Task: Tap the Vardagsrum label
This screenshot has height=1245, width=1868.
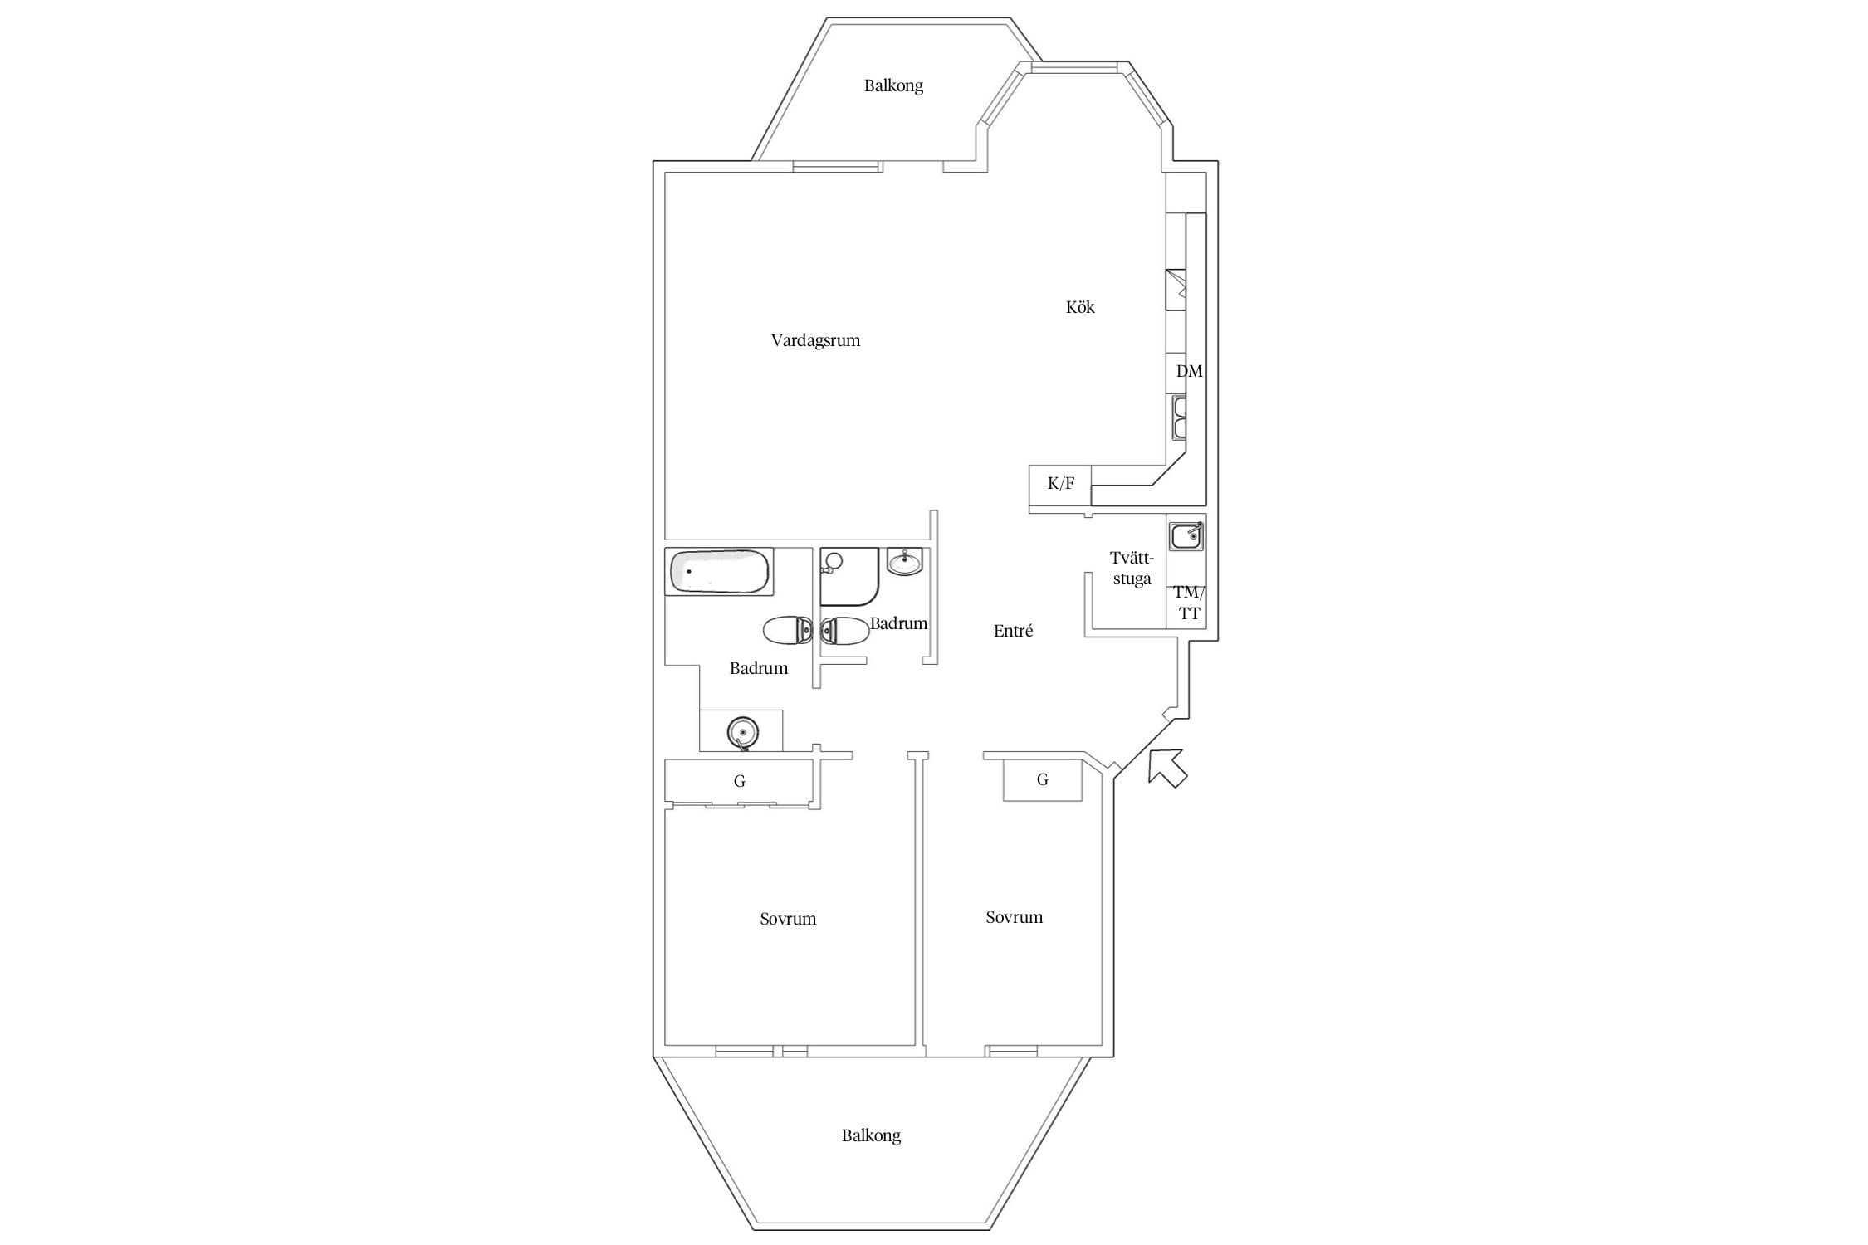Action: (815, 340)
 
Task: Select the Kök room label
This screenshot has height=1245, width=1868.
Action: (1080, 307)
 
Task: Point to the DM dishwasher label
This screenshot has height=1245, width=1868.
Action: (1189, 371)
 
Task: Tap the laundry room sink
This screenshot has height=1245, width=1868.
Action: (1186, 536)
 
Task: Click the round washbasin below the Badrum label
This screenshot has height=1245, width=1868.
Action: (743, 733)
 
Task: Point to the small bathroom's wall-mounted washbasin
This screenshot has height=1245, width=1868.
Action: (904, 562)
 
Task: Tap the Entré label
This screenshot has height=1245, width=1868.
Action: (1013, 631)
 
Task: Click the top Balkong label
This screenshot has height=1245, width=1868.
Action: (893, 85)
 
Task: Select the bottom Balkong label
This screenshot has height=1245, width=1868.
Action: (871, 1135)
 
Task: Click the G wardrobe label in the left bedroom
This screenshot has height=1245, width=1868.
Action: (740, 781)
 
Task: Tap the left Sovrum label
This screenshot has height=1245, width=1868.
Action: (788, 919)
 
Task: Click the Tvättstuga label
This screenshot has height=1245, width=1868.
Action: (1132, 569)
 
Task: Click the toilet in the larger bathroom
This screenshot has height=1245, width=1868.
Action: (788, 631)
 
